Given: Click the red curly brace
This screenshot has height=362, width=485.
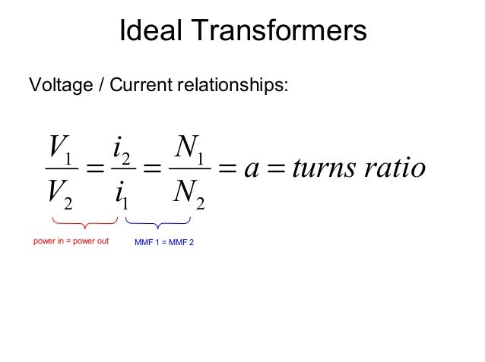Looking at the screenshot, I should coord(84,223).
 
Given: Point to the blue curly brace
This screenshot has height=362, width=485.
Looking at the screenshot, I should coord(157,223).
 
